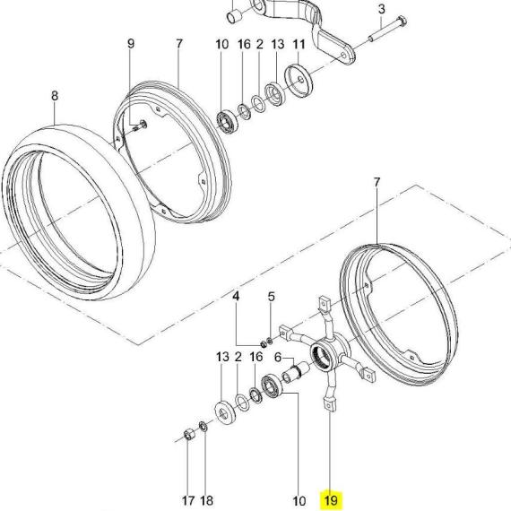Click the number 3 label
pos(382,9)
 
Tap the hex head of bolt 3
pos(403,21)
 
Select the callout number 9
pos(131,43)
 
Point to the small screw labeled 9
pos(140,126)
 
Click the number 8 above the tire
pos(55,96)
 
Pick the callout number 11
pos(299,44)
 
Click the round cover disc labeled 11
pos(299,82)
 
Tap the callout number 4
pos(236,296)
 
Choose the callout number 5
pos(272,297)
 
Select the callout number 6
pos(278,357)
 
